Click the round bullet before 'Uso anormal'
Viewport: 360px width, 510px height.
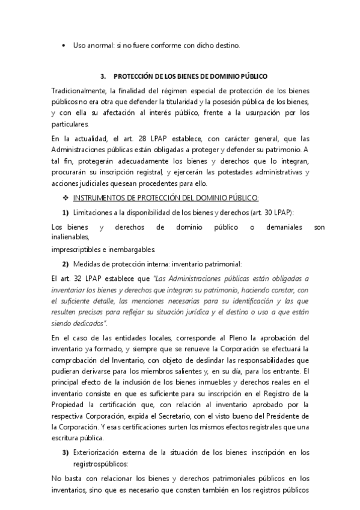[x=64, y=46]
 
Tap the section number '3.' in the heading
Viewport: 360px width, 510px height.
[x=103, y=77]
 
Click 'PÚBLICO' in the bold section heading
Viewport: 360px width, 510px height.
[x=245, y=77]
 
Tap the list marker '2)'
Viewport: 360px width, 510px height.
[x=66, y=265]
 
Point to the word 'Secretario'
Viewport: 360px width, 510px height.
[x=168, y=416]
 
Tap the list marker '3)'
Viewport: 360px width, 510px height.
[x=66, y=452]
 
